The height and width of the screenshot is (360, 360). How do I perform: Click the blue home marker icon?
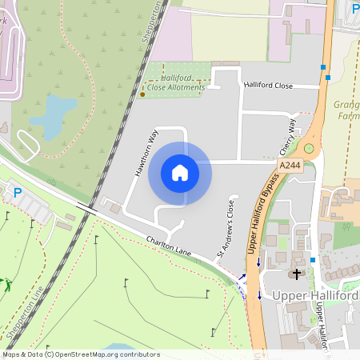click(179, 173)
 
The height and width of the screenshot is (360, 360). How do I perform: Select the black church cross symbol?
click(298, 274)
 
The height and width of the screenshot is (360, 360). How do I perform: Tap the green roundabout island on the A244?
click(309, 148)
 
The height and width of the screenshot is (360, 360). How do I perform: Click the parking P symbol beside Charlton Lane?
click(18, 193)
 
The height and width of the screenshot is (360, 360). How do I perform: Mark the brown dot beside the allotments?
click(142, 94)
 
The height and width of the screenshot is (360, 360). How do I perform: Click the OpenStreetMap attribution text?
click(81, 354)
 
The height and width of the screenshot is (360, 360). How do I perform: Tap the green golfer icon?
click(8, 284)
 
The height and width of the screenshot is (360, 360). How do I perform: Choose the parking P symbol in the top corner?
click(355, 9)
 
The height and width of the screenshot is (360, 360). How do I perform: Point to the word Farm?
click(349, 116)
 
